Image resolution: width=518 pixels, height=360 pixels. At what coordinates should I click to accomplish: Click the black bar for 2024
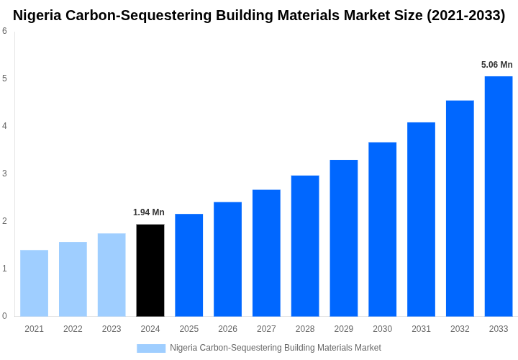tap(150, 270)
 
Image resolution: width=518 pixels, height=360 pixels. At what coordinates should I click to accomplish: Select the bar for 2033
tap(499, 196)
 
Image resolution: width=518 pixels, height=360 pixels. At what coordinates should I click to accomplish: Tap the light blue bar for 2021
tap(34, 283)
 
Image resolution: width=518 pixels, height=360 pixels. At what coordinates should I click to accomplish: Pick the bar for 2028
tap(305, 246)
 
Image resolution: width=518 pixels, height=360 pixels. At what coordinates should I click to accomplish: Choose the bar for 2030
tap(382, 229)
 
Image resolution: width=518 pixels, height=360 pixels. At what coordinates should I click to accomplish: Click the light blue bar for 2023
tap(112, 274)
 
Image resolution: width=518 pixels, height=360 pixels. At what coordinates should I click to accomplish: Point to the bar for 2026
tap(227, 259)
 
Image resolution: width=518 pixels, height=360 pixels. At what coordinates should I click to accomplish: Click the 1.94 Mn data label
tap(149, 212)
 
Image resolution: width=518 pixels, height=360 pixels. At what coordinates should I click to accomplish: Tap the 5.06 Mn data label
tap(497, 65)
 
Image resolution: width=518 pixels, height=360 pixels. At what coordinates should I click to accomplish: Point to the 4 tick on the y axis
tap(4, 126)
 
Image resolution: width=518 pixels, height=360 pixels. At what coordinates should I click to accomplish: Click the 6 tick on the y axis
tap(4, 31)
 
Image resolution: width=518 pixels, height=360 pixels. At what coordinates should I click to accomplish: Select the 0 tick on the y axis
tap(4, 316)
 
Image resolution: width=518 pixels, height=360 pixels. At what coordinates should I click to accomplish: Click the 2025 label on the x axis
tap(189, 329)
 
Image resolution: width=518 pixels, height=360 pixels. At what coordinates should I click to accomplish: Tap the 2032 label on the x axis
tap(460, 329)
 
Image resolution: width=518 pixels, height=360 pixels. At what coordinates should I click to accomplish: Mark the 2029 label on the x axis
tap(344, 329)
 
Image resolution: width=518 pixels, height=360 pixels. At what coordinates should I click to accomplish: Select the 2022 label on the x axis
tap(73, 329)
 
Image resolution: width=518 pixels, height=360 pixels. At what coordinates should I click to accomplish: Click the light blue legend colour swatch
tap(151, 348)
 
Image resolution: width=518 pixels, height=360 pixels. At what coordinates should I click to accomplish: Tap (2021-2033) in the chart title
tap(465, 15)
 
